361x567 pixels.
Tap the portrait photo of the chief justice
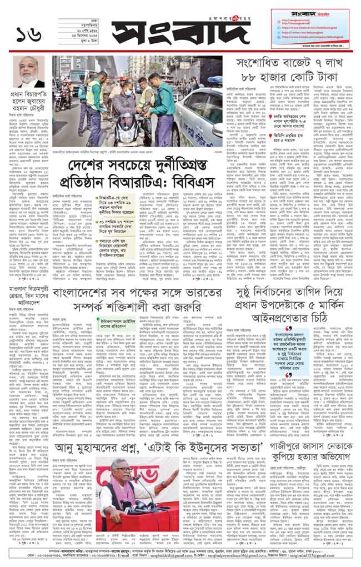[x=32, y=72]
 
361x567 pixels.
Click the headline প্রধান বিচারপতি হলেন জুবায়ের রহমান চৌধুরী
[x=31, y=98]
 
